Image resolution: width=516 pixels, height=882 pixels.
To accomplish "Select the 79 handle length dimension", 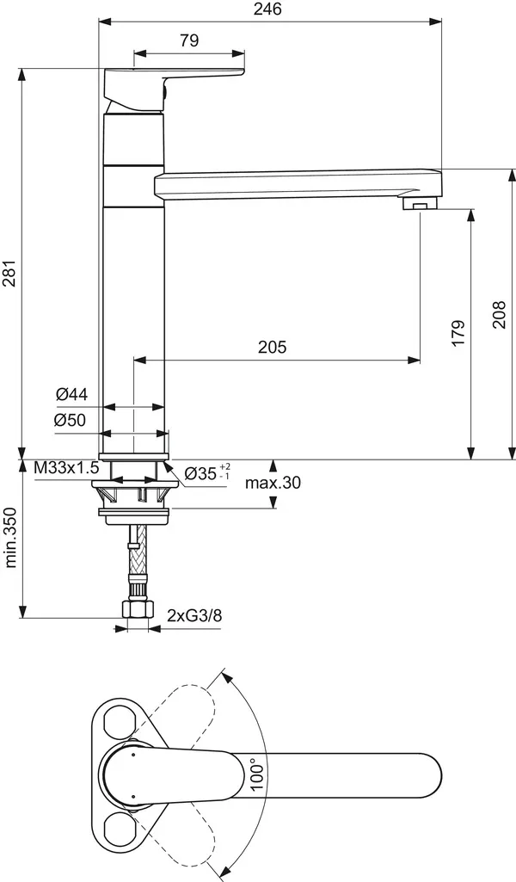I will point(190,40).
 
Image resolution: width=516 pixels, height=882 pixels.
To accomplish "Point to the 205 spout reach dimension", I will point(272,347).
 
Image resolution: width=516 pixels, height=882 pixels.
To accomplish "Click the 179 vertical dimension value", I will point(458,333).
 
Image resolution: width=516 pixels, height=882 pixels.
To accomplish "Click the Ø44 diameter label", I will point(71,394).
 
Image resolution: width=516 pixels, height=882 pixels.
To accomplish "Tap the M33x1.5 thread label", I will point(66,469).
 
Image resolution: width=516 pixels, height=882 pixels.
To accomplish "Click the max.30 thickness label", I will point(273,484).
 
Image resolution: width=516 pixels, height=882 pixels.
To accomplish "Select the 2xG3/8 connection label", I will point(195,615).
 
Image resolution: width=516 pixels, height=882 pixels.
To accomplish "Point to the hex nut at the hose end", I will point(137,611).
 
